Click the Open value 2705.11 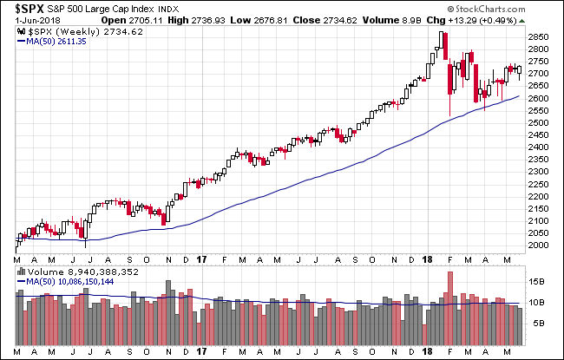119,20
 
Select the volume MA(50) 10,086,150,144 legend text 72,280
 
